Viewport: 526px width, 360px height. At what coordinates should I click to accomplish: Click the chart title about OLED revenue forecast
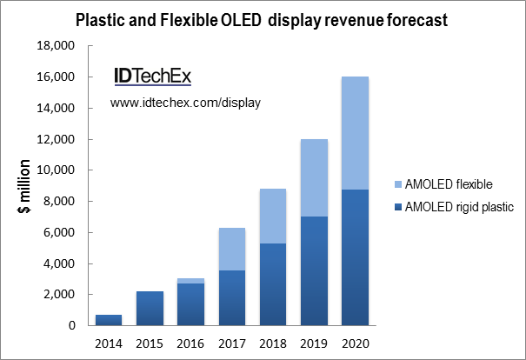tap(262, 20)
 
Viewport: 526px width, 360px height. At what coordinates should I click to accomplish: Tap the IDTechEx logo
tap(152, 77)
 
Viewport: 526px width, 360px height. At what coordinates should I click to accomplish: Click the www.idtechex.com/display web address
tap(185, 103)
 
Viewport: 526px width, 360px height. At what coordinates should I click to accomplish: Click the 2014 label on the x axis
tap(109, 341)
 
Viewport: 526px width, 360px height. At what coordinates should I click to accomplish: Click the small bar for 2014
tap(109, 320)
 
